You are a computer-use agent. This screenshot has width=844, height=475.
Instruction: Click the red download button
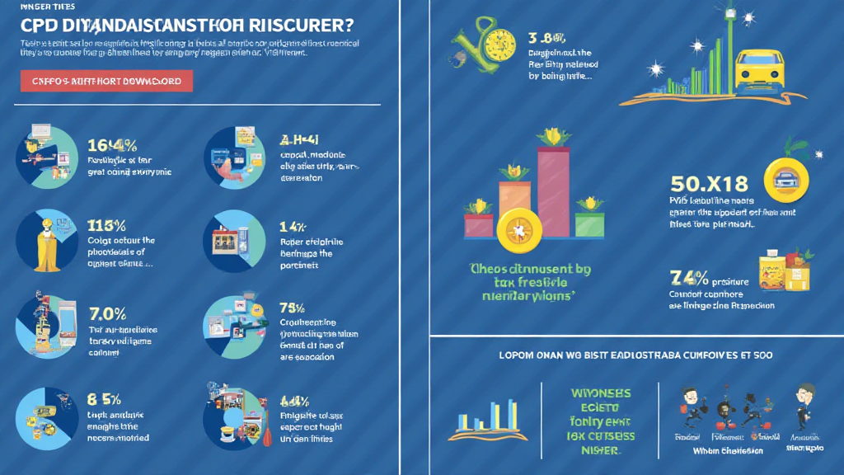(106, 80)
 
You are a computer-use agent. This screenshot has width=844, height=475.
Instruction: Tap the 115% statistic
(105, 225)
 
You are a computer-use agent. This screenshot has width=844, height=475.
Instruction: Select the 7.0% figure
(107, 313)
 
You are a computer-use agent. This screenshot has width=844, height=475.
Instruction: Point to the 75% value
(293, 309)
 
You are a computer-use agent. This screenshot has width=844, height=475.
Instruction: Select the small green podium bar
(589, 224)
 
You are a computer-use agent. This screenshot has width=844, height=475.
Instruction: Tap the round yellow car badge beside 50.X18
(784, 179)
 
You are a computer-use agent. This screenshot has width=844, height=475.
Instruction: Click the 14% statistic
(293, 225)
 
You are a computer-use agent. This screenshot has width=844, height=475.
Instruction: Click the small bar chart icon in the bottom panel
(488, 419)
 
